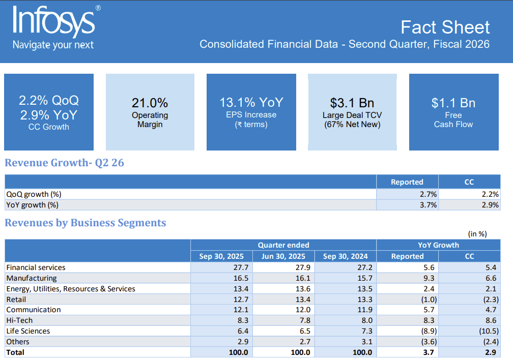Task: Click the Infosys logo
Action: pyautogui.click(x=54, y=21)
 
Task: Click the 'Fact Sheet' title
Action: pyautogui.click(x=445, y=27)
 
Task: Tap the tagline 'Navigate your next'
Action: pyautogui.click(x=53, y=45)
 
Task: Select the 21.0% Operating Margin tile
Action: pyautogui.click(x=150, y=112)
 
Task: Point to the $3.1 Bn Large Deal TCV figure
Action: pyautogui.click(x=352, y=103)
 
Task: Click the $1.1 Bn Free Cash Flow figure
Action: pyautogui.click(x=453, y=103)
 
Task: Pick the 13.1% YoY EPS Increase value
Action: pyautogui.click(x=251, y=103)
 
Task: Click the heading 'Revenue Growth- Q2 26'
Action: pyautogui.click(x=64, y=163)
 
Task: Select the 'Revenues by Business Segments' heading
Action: pyautogui.click(x=85, y=223)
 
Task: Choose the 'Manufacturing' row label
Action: pyautogui.click(x=32, y=278)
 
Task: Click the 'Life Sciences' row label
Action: pyautogui.click(x=29, y=331)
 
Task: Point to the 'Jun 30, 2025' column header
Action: pyautogui.click(x=283, y=256)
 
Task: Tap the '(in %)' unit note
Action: pyautogui.click(x=477, y=234)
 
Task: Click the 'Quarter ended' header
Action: pyautogui.click(x=283, y=245)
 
